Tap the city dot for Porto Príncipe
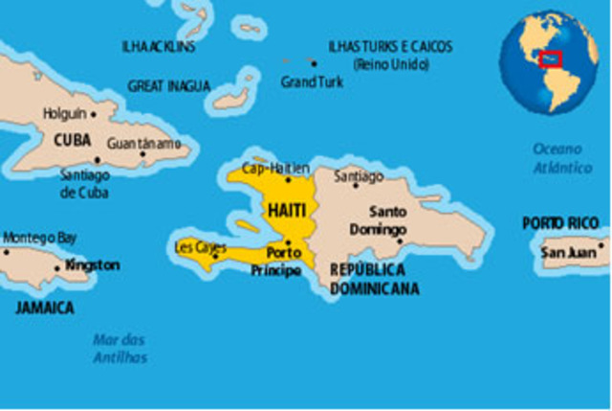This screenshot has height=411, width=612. [x=287, y=242]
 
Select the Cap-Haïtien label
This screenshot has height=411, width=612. [x=275, y=169]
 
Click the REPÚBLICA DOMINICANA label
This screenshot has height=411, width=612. [x=374, y=279]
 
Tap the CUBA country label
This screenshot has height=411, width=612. [x=73, y=141]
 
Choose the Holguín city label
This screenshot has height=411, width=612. [x=64, y=113]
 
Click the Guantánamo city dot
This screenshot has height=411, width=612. [x=142, y=154]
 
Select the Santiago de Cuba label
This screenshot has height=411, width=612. [x=84, y=184]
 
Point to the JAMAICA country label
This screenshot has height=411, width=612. [x=45, y=308]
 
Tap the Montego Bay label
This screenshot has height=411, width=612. [x=41, y=237]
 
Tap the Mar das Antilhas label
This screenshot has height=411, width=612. [x=120, y=348]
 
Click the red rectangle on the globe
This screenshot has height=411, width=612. [x=550, y=59]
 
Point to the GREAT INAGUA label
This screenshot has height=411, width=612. [x=169, y=86]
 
